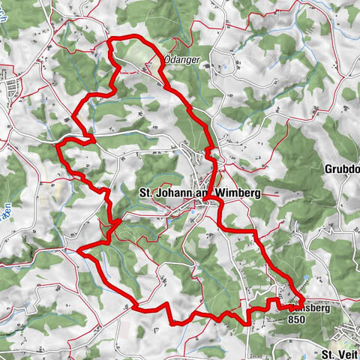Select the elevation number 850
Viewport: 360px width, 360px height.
pyautogui.click(x=297, y=318)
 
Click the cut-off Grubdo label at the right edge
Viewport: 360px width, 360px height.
pyautogui.click(x=341, y=168)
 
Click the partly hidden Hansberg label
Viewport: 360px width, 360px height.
pyautogui.click(x=304, y=307)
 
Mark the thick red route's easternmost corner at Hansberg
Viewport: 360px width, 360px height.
pyautogui.click(x=302, y=301)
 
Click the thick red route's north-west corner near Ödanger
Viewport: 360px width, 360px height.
pyautogui.click(x=111, y=39)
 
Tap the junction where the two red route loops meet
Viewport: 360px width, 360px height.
pyautogui.click(x=116, y=222)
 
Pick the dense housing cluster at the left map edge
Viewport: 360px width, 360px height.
pyautogui.click(x=11, y=91)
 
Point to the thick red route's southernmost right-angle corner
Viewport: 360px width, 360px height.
pyautogui.click(x=175, y=322)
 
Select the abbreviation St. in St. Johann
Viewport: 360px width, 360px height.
pyautogui.click(x=148, y=193)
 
